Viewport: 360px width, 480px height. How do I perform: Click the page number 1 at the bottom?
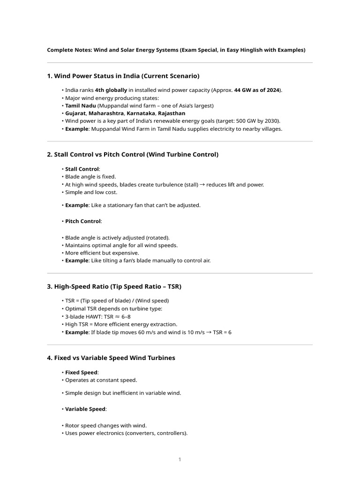(x=180, y=459)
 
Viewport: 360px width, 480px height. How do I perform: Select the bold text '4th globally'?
(x=111, y=90)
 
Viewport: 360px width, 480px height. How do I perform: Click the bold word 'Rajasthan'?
(x=172, y=113)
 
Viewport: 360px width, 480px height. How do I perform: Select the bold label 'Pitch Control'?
(x=83, y=221)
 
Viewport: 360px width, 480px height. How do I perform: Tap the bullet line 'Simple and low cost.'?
(x=91, y=192)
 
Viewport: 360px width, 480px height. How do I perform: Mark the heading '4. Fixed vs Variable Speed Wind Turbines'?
(x=111, y=358)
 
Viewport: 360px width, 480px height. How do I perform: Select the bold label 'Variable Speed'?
(x=85, y=409)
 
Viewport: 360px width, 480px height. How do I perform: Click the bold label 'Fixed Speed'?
(x=81, y=373)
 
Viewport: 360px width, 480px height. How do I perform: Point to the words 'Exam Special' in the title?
(x=199, y=50)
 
